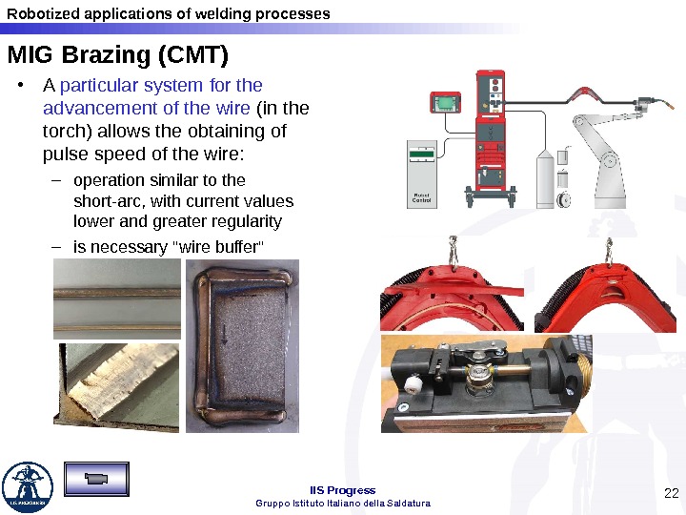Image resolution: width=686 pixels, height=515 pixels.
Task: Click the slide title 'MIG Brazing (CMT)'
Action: click(x=118, y=55)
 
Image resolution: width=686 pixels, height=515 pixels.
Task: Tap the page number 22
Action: click(x=671, y=493)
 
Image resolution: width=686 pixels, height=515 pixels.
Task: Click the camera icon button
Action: click(x=96, y=479)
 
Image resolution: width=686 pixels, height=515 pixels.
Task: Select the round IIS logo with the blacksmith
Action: click(x=28, y=486)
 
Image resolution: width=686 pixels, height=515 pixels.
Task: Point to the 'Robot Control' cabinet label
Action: click(x=421, y=197)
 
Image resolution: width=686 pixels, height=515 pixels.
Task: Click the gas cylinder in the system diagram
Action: click(x=545, y=178)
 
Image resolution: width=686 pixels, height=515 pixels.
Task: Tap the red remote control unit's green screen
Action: click(x=445, y=103)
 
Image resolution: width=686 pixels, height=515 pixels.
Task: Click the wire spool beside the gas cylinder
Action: click(x=563, y=199)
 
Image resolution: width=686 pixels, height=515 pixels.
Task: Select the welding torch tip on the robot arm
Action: click(x=670, y=106)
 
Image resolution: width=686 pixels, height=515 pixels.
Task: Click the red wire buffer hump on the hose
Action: click(x=584, y=93)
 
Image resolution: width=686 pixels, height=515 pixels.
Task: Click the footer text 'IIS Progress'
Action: click(x=343, y=490)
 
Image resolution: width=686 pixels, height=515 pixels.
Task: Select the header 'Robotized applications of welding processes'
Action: click(x=169, y=14)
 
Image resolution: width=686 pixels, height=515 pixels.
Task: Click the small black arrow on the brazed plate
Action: click(x=225, y=334)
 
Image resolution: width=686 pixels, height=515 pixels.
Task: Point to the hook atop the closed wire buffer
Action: click(x=609, y=251)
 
